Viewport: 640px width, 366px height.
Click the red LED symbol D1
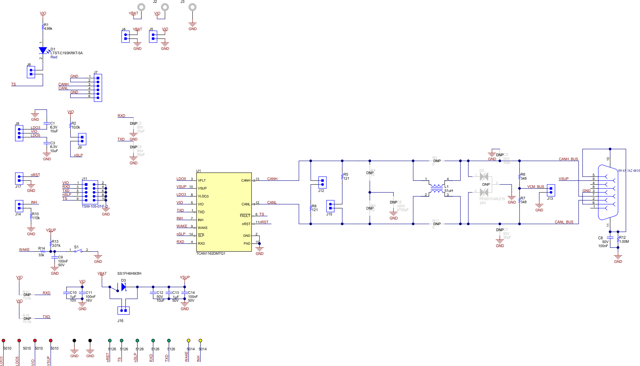pos(43,50)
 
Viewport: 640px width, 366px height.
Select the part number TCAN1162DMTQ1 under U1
pos(211,253)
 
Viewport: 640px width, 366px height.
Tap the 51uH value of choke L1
pos(449,191)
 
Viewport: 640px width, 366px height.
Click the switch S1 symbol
pos(78,251)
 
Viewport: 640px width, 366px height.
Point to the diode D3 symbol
pos(123,287)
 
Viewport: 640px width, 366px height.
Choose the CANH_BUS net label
pos(568,159)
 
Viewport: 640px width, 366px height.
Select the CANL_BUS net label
pos(564,222)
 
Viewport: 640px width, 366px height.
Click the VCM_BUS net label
pos(536,187)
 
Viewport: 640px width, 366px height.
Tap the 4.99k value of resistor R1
pos(48,29)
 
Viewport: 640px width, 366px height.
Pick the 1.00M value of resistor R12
pos(624,241)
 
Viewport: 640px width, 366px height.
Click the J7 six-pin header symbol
pos(98,88)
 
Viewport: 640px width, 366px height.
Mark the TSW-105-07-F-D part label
pos(95,206)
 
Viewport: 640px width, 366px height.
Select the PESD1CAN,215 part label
pos(492,199)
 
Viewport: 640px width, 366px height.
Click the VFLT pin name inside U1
pos(202,180)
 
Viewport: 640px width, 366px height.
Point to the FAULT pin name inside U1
pos(245,216)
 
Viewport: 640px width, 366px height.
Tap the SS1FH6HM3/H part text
pos(129,273)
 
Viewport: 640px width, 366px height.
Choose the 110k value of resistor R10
pos(36,218)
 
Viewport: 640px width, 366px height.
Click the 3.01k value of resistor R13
pos(56,246)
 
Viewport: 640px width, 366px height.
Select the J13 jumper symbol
pos(551,190)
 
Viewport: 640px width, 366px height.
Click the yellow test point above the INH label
pos(200,341)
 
